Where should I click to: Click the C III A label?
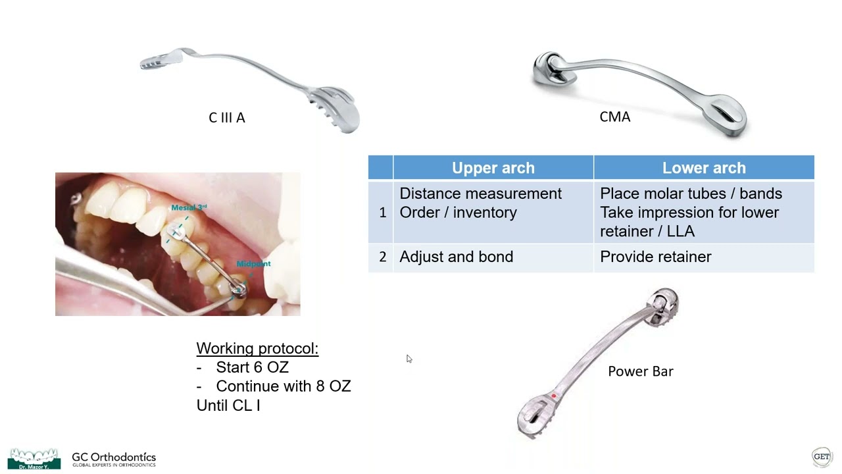point(226,118)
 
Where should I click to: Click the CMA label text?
point(614,117)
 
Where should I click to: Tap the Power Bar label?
point(640,371)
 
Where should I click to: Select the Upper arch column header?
point(493,168)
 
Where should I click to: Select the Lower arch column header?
point(703,168)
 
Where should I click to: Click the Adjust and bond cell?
point(456,257)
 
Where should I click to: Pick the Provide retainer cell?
point(655,257)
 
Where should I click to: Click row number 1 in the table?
point(382,213)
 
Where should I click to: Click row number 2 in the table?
point(382,257)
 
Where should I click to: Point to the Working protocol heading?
point(257,348)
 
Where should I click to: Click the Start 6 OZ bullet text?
point(252,367)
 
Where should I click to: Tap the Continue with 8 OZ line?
point(283,386)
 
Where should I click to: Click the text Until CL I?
point(228,405)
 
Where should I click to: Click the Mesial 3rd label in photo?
point(189,207)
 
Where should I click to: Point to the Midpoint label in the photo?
point(253,263)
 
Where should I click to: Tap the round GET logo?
point(822,456)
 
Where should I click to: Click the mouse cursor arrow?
point(409,359)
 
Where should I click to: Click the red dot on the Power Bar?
point(554,396)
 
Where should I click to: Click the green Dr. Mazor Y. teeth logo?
point(34,458)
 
